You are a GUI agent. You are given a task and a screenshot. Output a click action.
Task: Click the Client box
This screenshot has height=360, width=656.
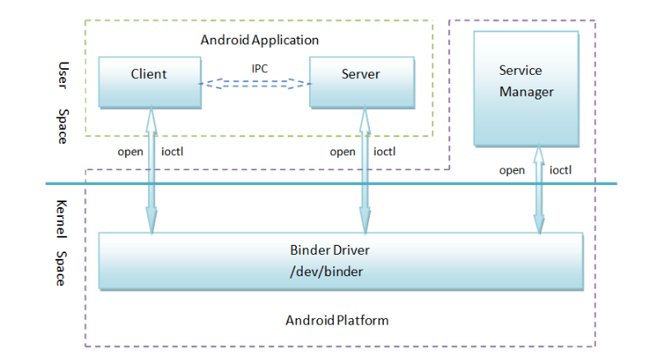coord(149,81)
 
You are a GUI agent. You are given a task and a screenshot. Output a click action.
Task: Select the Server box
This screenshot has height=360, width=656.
coord(361,81)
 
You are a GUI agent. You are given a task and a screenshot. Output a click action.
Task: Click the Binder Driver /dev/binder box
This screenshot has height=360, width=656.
coord(340,261)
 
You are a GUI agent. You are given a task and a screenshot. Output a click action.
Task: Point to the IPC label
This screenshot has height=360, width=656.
coord(260,68)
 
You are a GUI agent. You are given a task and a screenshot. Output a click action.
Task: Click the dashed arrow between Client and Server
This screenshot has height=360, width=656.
coord(255,82)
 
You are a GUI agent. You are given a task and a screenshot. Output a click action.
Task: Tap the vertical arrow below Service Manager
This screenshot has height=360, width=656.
coord(539,189)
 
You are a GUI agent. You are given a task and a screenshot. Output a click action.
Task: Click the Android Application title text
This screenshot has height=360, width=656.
coord(260,39)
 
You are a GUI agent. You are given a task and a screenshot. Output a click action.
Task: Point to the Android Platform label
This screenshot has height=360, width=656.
coord(337,319)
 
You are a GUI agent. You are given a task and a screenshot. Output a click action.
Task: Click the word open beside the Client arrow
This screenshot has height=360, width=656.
coord(130,151)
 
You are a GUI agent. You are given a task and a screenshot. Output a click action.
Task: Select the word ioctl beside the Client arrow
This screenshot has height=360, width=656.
coord(173,151)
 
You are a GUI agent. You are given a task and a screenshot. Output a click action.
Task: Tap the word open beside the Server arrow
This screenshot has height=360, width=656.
coord(343,151)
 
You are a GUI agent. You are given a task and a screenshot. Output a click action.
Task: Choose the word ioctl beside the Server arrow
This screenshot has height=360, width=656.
coord(385,151)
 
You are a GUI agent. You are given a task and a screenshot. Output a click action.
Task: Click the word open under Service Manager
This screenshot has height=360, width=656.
coord(512,170)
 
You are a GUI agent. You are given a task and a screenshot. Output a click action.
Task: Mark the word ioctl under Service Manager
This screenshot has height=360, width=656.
coord(561,170)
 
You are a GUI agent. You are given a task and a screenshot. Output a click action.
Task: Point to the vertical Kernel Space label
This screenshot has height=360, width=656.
coord(60,242)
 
